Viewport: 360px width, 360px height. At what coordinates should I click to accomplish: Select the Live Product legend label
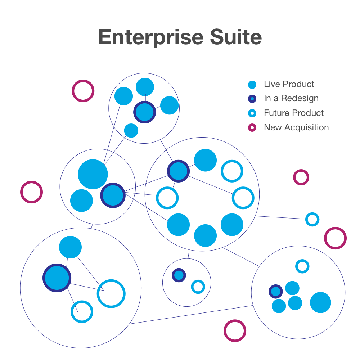pos(289,84)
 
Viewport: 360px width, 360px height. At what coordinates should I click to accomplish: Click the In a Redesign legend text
pos(291,98)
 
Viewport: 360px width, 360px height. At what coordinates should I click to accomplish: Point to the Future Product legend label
pos(293,113)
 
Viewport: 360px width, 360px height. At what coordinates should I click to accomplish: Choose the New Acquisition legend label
pos(296,127)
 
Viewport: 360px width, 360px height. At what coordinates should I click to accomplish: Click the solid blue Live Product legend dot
pos(252,85)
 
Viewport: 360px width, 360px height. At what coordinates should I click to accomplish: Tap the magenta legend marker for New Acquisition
pos(252,127)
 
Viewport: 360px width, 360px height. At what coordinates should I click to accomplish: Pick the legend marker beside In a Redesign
pos(252,99)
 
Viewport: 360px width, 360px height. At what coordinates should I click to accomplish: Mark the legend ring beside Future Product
pos(252,113)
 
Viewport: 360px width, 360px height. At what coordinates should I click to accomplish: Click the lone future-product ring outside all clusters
pos(312,219)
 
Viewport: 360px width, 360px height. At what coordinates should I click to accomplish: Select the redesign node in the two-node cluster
pos(179,275)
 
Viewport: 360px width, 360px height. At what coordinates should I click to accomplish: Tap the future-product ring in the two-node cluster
pos(198,287)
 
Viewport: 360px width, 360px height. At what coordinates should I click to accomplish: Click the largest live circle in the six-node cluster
pos(320,302)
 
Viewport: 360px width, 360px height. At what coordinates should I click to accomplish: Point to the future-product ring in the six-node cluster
pos(302,266)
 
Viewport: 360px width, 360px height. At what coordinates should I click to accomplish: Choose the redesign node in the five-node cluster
pos(145,112)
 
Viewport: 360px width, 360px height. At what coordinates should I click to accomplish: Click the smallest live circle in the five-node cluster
pos(131,130)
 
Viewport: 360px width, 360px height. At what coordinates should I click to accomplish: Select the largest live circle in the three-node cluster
pos(93,174)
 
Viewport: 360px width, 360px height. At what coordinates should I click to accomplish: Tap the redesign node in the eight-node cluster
pos(178,171)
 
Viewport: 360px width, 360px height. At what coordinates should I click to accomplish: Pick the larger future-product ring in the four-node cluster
pos(111,293)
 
